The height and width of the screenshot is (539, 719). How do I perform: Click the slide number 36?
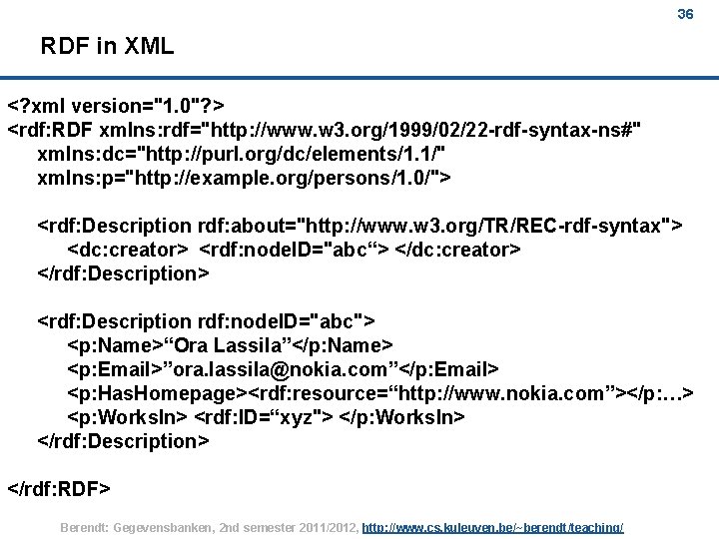[685, 15]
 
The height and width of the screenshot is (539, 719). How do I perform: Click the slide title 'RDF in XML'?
[107, 46]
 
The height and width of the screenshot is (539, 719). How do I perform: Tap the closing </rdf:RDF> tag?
[59, 489]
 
